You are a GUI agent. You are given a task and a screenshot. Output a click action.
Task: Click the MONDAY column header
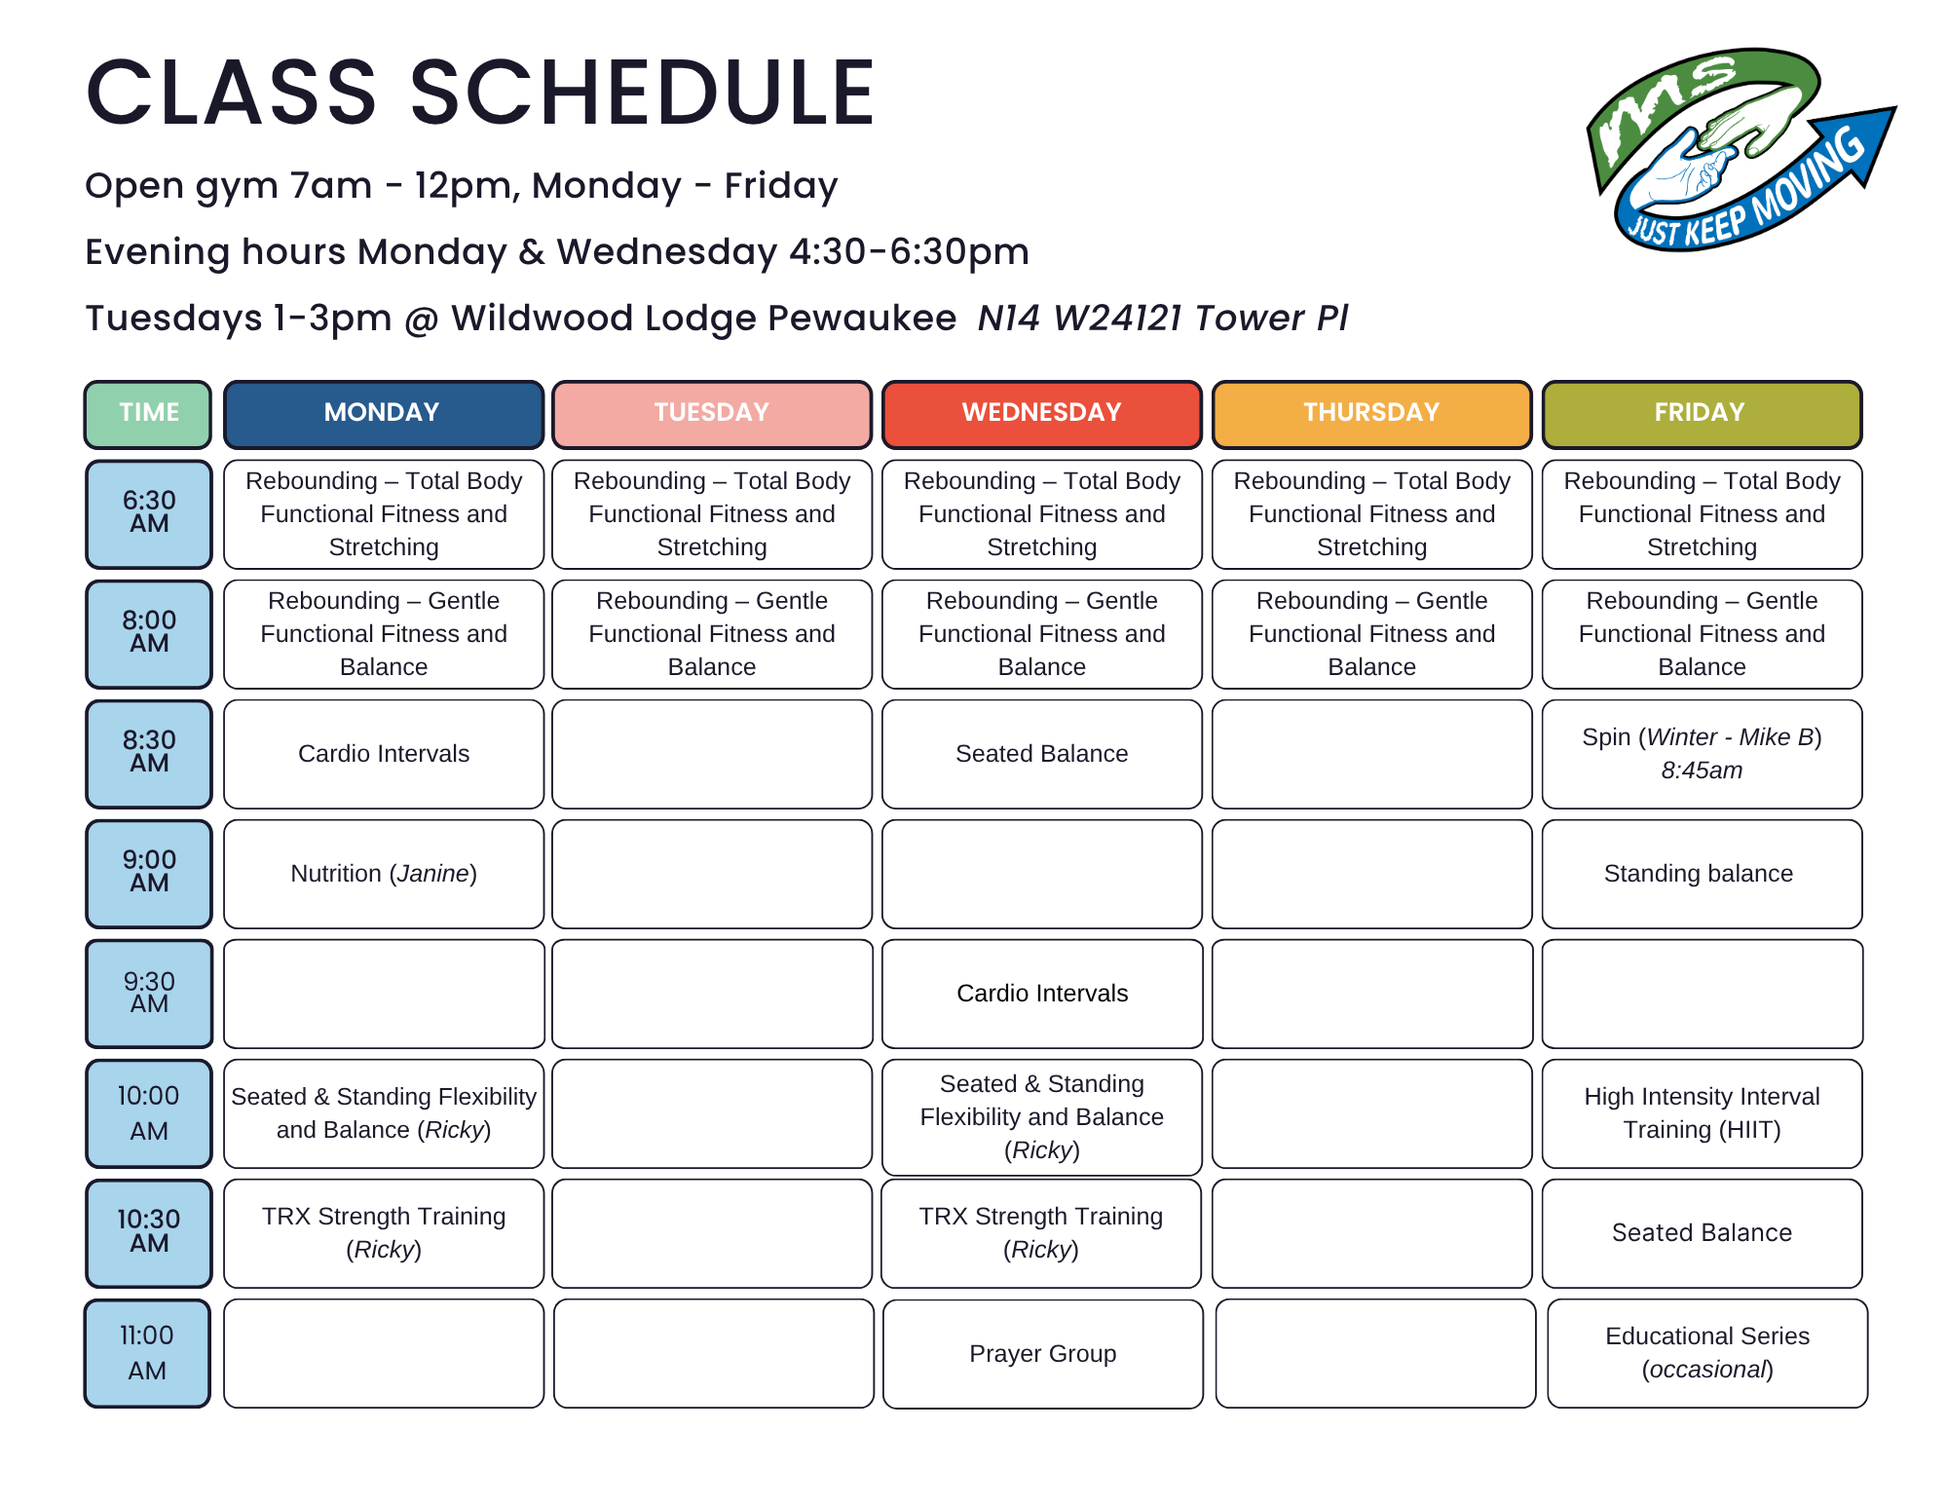(x=383, y=413)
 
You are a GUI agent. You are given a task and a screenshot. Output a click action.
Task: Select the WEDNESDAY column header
(x=1041, y=413)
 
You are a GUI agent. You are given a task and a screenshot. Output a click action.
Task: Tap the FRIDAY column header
(x=1702, y=413)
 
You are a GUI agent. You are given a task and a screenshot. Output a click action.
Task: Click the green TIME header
(x=148, y=413)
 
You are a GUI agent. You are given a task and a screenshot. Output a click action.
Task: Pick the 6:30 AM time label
(x=148, y=513)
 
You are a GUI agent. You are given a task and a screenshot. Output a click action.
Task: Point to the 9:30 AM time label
(x=148, y=993)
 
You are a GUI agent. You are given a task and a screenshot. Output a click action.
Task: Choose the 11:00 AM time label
(x=147, y=1352)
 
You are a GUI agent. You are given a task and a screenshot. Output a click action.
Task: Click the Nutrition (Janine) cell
(x=384, y=874)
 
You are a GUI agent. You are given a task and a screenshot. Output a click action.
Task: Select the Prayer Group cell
(x=1042, y=1353)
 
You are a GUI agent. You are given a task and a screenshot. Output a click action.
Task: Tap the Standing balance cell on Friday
(x=1702, y=874)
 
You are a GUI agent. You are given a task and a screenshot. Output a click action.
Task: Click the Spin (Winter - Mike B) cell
(x=1702, y=754)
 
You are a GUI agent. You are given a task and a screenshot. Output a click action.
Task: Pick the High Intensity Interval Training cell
(x=1702, y=1113)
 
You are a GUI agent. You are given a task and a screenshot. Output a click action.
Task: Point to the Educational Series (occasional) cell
(x=1707, y=1353)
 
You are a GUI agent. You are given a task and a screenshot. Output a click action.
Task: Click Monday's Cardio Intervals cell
(x=384, y=754)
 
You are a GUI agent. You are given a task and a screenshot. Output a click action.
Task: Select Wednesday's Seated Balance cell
(x=1041, y=754)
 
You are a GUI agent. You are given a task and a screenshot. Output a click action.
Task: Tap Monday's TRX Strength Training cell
(x=384, y=1233)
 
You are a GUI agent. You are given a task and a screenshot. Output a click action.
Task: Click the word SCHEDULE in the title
(x=642, y=93)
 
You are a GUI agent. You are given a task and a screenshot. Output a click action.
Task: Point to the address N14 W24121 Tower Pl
(x=1163, y=318)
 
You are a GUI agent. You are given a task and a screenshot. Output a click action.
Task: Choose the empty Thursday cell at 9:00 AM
(x=1371, y=874)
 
